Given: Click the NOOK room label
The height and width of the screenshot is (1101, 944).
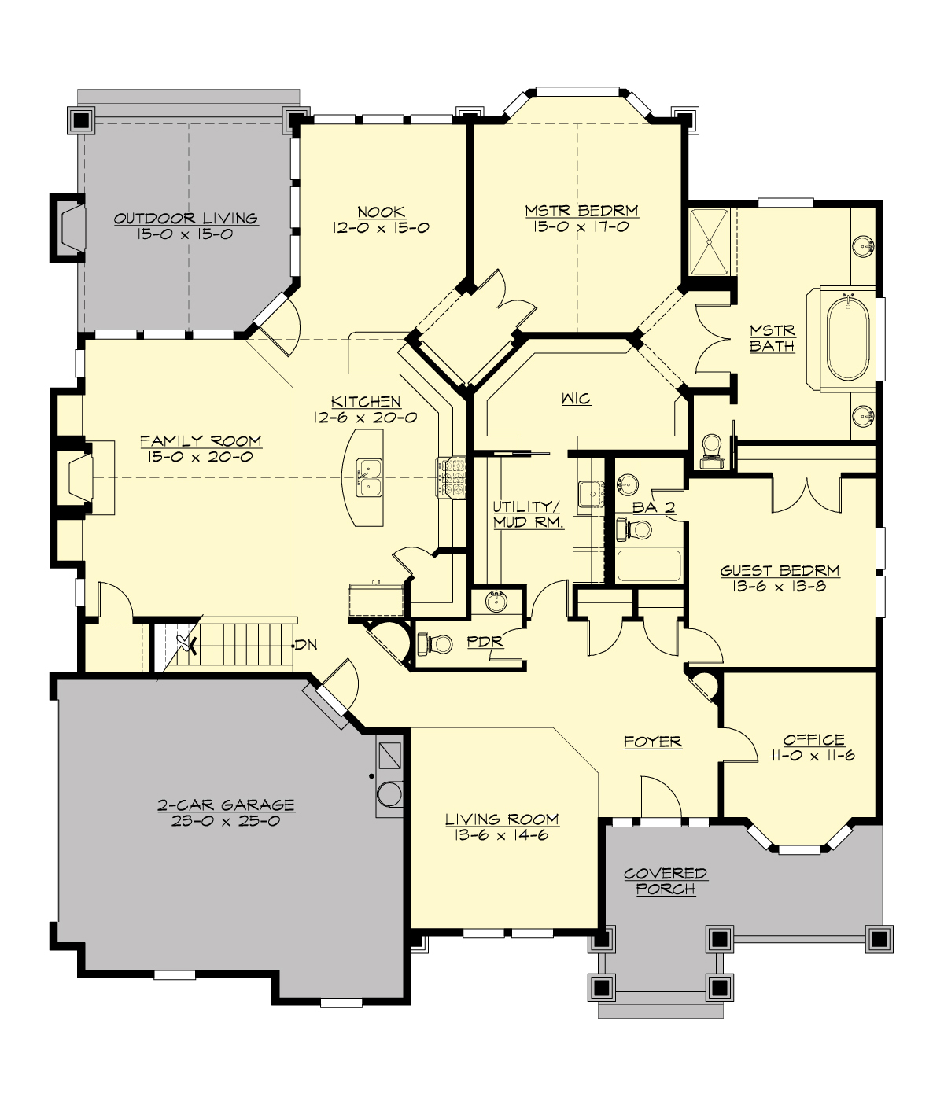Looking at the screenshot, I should pyautogui.click(x=382, y=212).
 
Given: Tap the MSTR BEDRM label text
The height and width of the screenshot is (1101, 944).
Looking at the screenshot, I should pyautogui.click(x=581, y=211).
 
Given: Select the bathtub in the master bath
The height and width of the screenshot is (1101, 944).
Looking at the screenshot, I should pyautogui.click(x=848, y=337).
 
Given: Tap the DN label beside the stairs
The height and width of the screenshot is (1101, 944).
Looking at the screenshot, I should pyautogui.click(x=306, y=645).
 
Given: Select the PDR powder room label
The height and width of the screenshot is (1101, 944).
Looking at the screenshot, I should pyautogui.click(x=485, y=642).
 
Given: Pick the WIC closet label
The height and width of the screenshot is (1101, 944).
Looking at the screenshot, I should pyautogui.click(x=576, y=399).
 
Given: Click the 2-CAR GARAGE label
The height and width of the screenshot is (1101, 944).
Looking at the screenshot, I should pyautogui.click(x=226, y=805).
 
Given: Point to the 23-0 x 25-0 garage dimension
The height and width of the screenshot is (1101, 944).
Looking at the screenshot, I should pyautogui.click(x=226, y=821).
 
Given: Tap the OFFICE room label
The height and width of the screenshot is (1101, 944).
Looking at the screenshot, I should pyautogui.click(x=813, y=739).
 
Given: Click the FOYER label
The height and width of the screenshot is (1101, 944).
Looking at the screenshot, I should pyautogui.click(x=652, y=742).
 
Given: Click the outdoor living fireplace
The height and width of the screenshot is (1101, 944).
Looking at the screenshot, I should pyautogui.click(x=69, y=227).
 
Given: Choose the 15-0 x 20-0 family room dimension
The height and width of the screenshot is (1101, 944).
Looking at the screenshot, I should pyautogui.click(x=201, y=457).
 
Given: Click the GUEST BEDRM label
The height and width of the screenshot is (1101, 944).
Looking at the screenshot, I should pyautogui.click(x=780, y=571).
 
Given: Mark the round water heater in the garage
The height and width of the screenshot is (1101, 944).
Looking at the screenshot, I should pyautogui.click(x=389, y=794).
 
